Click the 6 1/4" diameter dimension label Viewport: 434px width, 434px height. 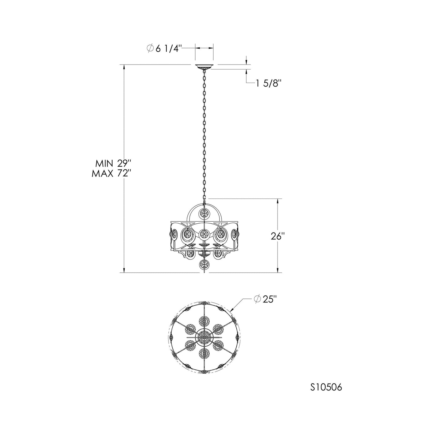164,48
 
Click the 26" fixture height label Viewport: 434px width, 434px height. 278,237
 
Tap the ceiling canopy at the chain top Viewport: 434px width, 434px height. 204,67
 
